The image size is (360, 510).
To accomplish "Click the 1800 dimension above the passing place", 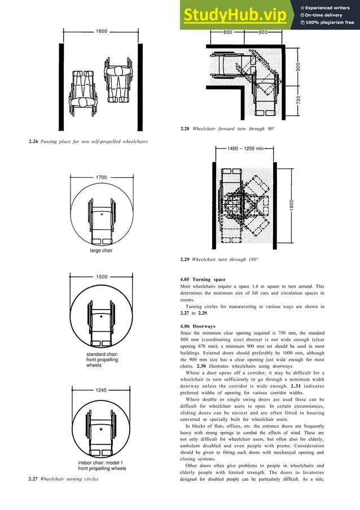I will pyautogui.click(x=101, y=32).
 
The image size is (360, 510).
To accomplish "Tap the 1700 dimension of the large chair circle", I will pyautogui.click(x=101, y=177).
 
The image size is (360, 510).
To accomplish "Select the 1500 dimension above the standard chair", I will pyautogui.click(x=101, y=277).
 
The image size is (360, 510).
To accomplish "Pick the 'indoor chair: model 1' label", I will pyautogui.click(x=101, y=463).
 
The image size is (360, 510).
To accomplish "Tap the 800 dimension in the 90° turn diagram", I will pyautogui.click(x=228, y=33).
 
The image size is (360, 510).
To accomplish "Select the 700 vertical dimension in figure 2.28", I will pyautogui.click(x=298, y=100).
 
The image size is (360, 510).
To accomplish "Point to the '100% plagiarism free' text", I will pyautogui.click(x=330, y=23).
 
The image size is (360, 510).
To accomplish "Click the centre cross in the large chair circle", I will pyautogui.click(x=102, y=215).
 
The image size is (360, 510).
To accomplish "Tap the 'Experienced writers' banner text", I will pyautogui.click(x=328, y=7).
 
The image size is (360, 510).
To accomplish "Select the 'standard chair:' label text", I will pyautogui.click(x=97, y=354).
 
